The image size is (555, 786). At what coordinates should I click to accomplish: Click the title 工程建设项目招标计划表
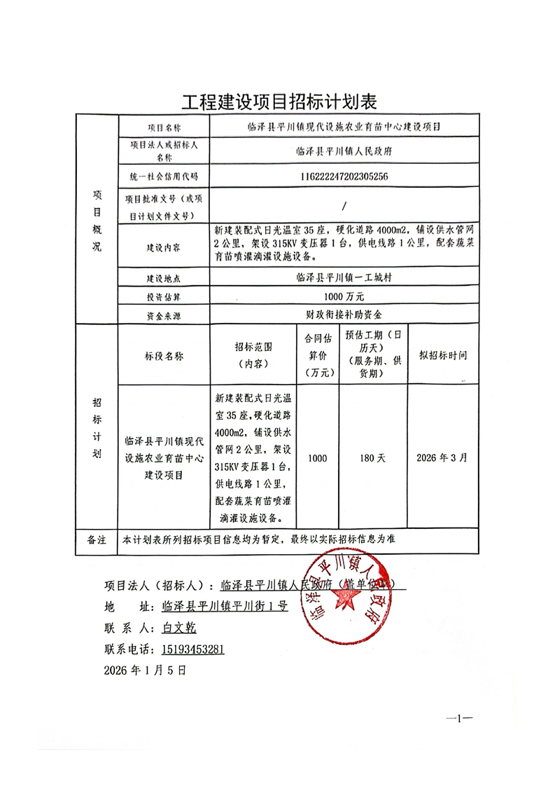279,102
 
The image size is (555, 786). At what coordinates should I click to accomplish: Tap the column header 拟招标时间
442,355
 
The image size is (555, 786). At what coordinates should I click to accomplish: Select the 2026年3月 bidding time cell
442,457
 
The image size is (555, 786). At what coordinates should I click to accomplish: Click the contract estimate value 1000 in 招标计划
317,457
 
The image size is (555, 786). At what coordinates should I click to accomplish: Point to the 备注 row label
96,540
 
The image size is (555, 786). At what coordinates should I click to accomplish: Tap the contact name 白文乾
181,628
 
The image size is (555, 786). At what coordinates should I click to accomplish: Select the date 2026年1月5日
145,670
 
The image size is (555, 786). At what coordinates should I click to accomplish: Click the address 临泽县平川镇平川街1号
224,607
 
